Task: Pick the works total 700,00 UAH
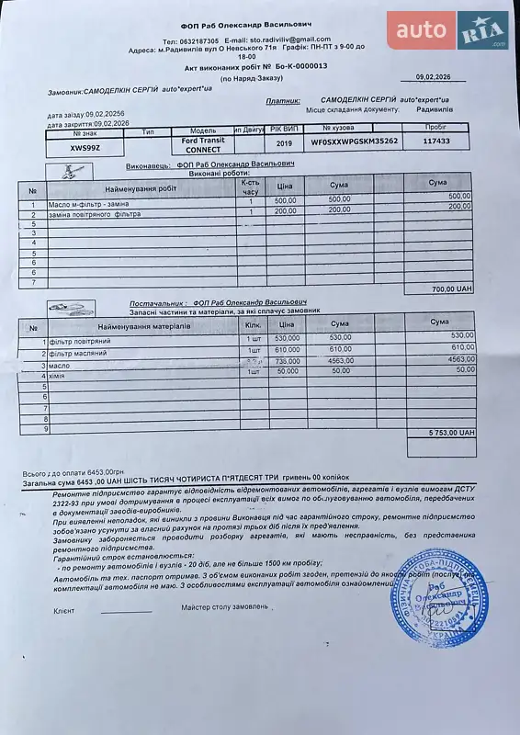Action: [451, 288]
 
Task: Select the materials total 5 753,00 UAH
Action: [451, 432]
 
